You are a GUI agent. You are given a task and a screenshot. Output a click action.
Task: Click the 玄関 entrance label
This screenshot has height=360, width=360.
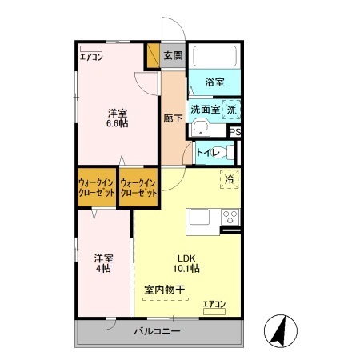tap(172, 55)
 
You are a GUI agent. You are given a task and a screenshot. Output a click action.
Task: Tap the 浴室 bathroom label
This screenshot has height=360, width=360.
tap(214, 82)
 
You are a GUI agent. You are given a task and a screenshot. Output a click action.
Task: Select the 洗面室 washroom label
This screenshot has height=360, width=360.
tap(204, 110)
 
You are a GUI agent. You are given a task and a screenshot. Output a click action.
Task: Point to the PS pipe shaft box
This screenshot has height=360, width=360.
tap(235, 134)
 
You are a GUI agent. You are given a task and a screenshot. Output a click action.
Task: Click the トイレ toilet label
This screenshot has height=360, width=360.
tap(206, 150)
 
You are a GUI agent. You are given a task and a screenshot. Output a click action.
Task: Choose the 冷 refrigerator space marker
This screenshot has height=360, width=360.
tap(230, 180)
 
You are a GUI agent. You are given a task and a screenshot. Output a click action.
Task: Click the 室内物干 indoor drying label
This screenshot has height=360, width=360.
tap(165, 290)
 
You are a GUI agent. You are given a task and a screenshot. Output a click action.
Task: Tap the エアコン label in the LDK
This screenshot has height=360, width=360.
tap(214, 304)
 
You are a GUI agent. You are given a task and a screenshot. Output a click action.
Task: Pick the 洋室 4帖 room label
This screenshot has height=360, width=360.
tap(103, 263)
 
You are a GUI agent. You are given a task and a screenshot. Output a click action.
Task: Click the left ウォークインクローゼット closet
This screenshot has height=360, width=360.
tap(97, 189)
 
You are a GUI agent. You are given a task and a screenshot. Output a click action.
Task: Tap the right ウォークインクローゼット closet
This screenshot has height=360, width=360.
tap(138, 189)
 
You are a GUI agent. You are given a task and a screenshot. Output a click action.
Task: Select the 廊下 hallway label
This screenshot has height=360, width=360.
tap(174, 118)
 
